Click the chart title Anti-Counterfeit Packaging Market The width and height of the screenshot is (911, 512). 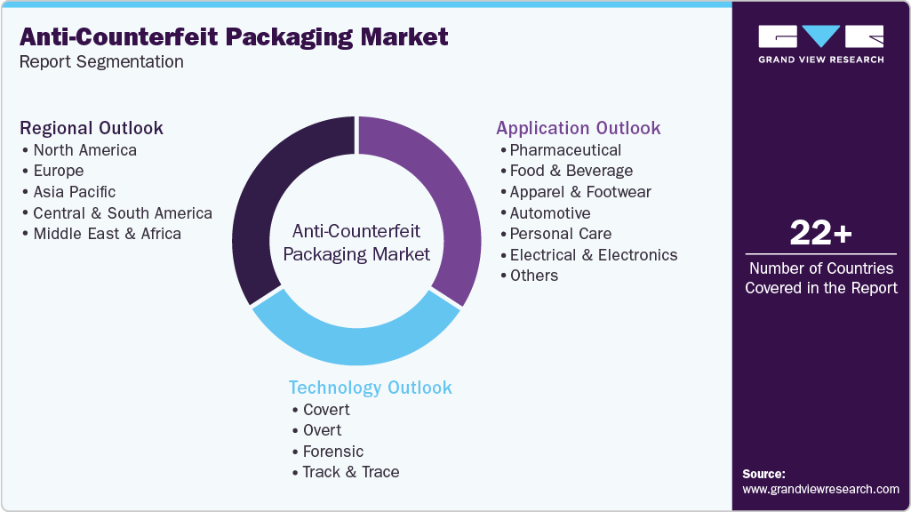[234, 36]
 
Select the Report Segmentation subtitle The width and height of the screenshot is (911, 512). [101, 61]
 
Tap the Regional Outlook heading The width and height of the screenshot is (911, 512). [92, 128]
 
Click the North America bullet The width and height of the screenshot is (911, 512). [84, 150]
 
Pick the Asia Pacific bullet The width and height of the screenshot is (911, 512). [74, 192]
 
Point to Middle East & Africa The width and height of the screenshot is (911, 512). [107, 234]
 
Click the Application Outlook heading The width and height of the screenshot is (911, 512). [579, 128]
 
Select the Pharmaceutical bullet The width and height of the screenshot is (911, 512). [565, 150]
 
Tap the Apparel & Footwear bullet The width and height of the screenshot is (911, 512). [580, 192]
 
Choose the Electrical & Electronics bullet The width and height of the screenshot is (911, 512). [593, 255]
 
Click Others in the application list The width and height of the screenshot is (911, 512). [533, 276]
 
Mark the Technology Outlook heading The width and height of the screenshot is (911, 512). [370, 388]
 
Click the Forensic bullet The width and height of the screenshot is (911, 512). [332, 452]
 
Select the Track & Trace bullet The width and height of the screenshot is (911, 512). [350, 472]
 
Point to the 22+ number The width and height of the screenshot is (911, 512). [820, 234]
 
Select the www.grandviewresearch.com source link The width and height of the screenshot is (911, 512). [820, 489]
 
